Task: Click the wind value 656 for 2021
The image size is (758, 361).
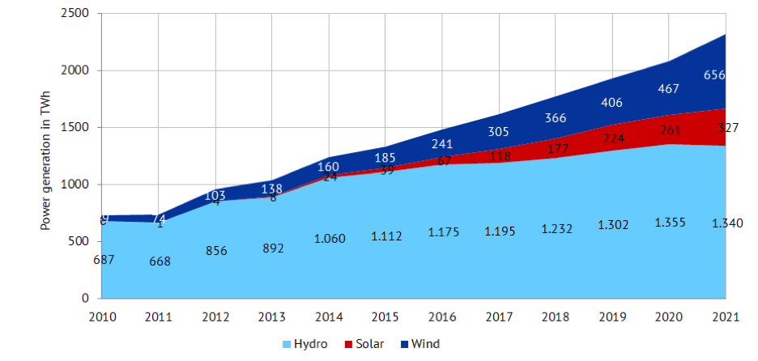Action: [x=714, y=74]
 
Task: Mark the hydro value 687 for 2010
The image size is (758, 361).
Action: [x=103, y=259]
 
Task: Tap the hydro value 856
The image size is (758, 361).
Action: [x=216, y=250]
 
